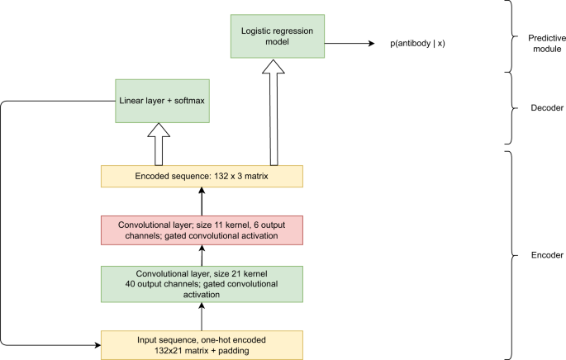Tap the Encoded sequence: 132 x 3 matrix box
[202, 176]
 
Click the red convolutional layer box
[202, 230]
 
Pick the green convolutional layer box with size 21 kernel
[202, 284]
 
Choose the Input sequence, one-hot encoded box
[202, 343]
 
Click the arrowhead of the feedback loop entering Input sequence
[96, 343]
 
